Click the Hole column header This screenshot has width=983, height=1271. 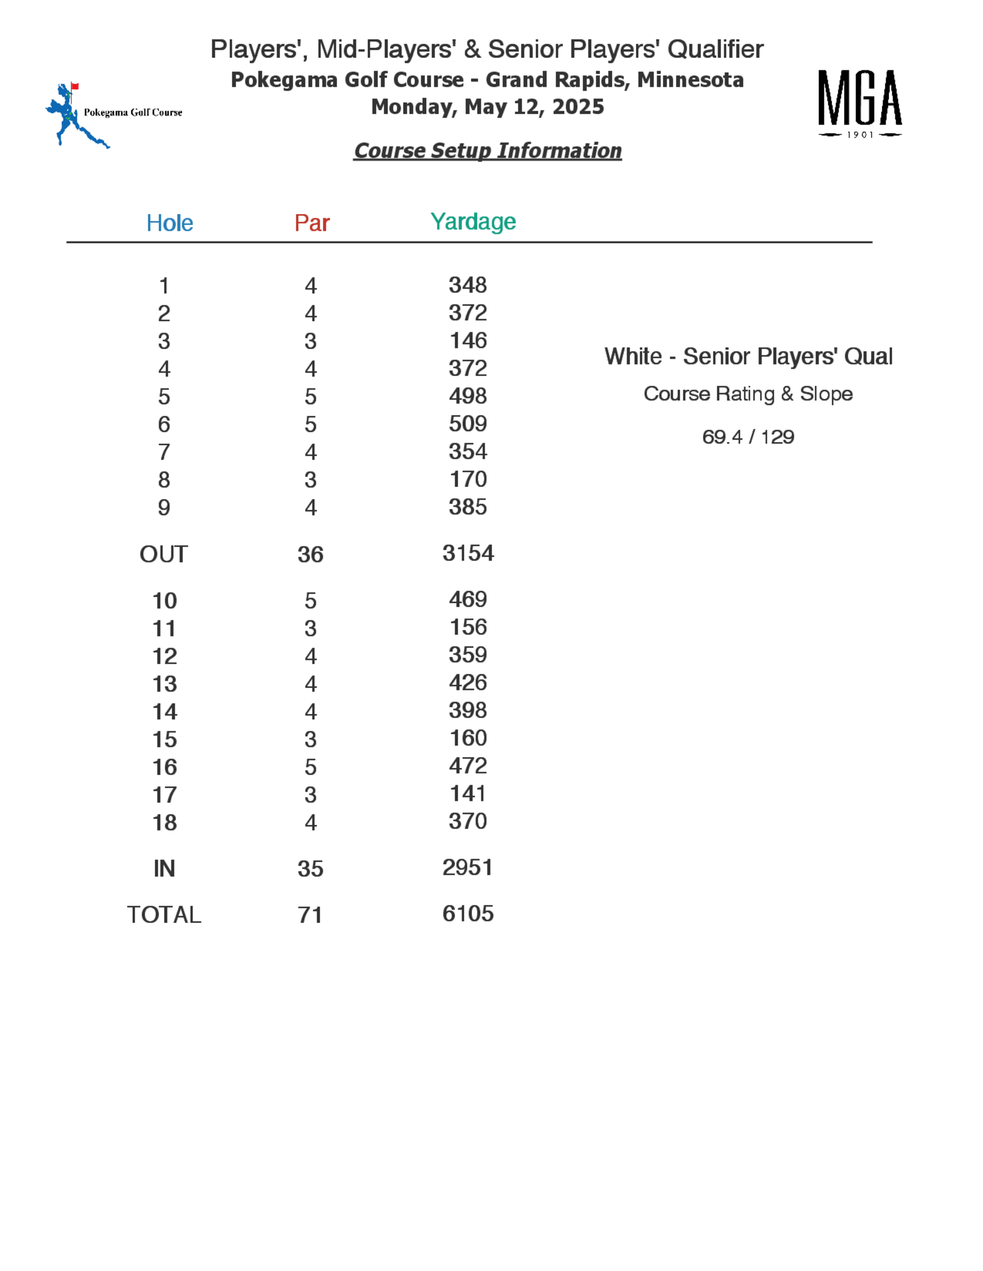coord(170,223)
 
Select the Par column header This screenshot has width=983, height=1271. coord(312,223)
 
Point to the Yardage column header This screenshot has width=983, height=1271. coord(473,221)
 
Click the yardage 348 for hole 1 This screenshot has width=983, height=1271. coord(467,285)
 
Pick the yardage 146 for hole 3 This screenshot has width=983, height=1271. coord(467,340)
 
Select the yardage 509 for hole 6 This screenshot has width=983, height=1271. coord(467,424)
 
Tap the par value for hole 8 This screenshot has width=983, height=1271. coord(311,480)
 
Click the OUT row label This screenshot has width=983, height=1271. coord(164,554)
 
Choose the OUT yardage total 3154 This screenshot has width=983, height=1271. coord(467,553)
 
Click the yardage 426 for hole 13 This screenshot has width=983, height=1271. coord(467,683)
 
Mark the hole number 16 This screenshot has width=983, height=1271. coord(165,768)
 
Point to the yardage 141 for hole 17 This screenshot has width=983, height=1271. coord(467,794)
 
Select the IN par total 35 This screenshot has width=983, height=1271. coord(311,869)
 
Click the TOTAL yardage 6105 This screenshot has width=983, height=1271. coord(467,913)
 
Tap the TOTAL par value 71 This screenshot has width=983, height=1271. coord(311,915)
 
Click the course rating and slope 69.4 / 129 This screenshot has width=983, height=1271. coord(748,437)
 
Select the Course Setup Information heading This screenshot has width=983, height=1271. coord(488,151)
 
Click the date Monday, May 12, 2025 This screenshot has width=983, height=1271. coord(488,107)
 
